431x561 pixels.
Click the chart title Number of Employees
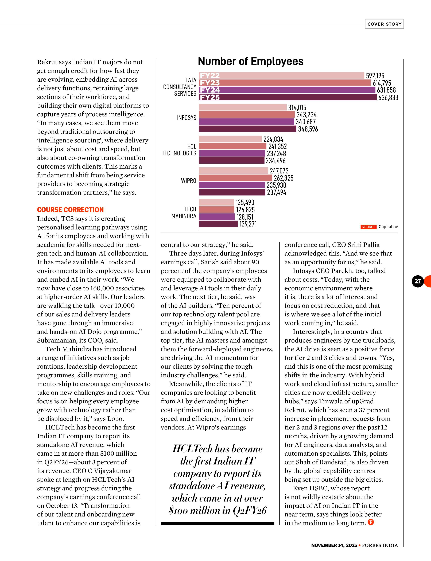[250, 62]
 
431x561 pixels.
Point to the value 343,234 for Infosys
[306, 115]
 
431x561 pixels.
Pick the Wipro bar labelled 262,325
[235, 178]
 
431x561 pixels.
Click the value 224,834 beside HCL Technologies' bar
[273, 139]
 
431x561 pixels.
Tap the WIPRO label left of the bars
[189, 181]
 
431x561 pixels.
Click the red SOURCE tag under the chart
[368, 227]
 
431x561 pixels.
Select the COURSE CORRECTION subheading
[70, 210]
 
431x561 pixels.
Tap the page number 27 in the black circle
[418, 281]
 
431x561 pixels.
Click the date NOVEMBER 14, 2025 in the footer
[334, 545]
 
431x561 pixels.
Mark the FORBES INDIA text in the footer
[380, 545]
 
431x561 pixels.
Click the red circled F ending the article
[371, 522]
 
